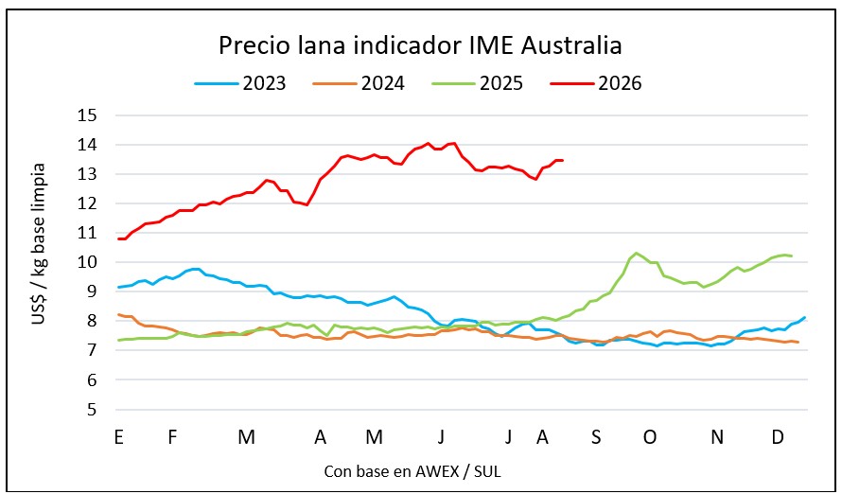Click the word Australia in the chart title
[x=571, y=45]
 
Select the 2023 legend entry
[x=240, y=84]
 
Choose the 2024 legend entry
[x=359, y=84]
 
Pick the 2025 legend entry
[x=477, y=84]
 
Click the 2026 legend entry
[x=595, y=84]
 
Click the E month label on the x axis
[x=118, y=437]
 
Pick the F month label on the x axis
[x=172, y=437]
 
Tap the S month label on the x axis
[x=596, y=437]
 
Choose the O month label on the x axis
[x=650, y=437]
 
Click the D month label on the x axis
[x=778, y=437]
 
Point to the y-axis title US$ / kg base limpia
[x=39, y=244]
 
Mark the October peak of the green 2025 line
[x=637, y=253]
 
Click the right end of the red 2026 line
[x=562, y=160]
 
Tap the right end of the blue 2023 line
[x=804, y=317]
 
